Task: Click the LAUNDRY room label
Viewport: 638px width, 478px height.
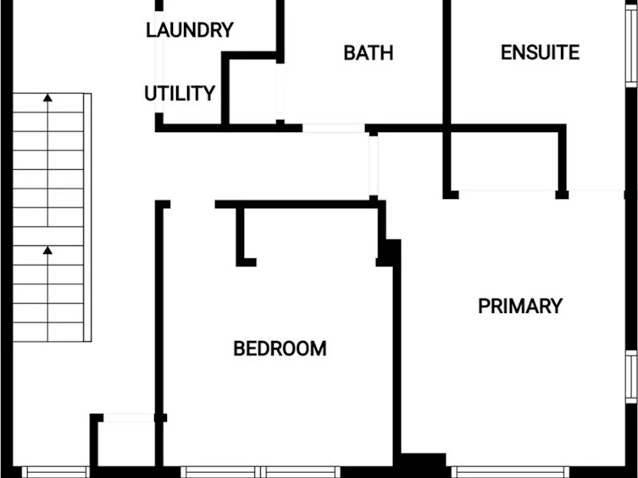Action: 190,30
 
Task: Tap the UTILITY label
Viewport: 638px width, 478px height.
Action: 180,93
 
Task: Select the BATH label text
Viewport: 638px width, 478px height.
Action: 369,52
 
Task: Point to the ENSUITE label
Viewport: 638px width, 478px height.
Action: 540,52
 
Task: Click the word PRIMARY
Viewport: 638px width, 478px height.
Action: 520,305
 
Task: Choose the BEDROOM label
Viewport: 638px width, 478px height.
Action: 280,349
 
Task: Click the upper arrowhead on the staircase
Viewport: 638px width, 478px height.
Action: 48,97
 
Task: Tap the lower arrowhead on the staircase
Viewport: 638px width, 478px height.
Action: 47,250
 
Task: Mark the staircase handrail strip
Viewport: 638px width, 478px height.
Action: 87,217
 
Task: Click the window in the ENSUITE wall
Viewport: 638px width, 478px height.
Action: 631,46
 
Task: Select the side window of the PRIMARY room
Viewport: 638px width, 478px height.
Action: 631,376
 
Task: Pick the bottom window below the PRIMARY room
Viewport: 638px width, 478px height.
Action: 510,472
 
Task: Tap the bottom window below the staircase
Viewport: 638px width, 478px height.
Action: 55,472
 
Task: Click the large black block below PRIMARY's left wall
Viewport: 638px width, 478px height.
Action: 423,463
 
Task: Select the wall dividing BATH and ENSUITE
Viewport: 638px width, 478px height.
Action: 447,97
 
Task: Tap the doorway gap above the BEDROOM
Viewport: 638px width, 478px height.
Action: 192,204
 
